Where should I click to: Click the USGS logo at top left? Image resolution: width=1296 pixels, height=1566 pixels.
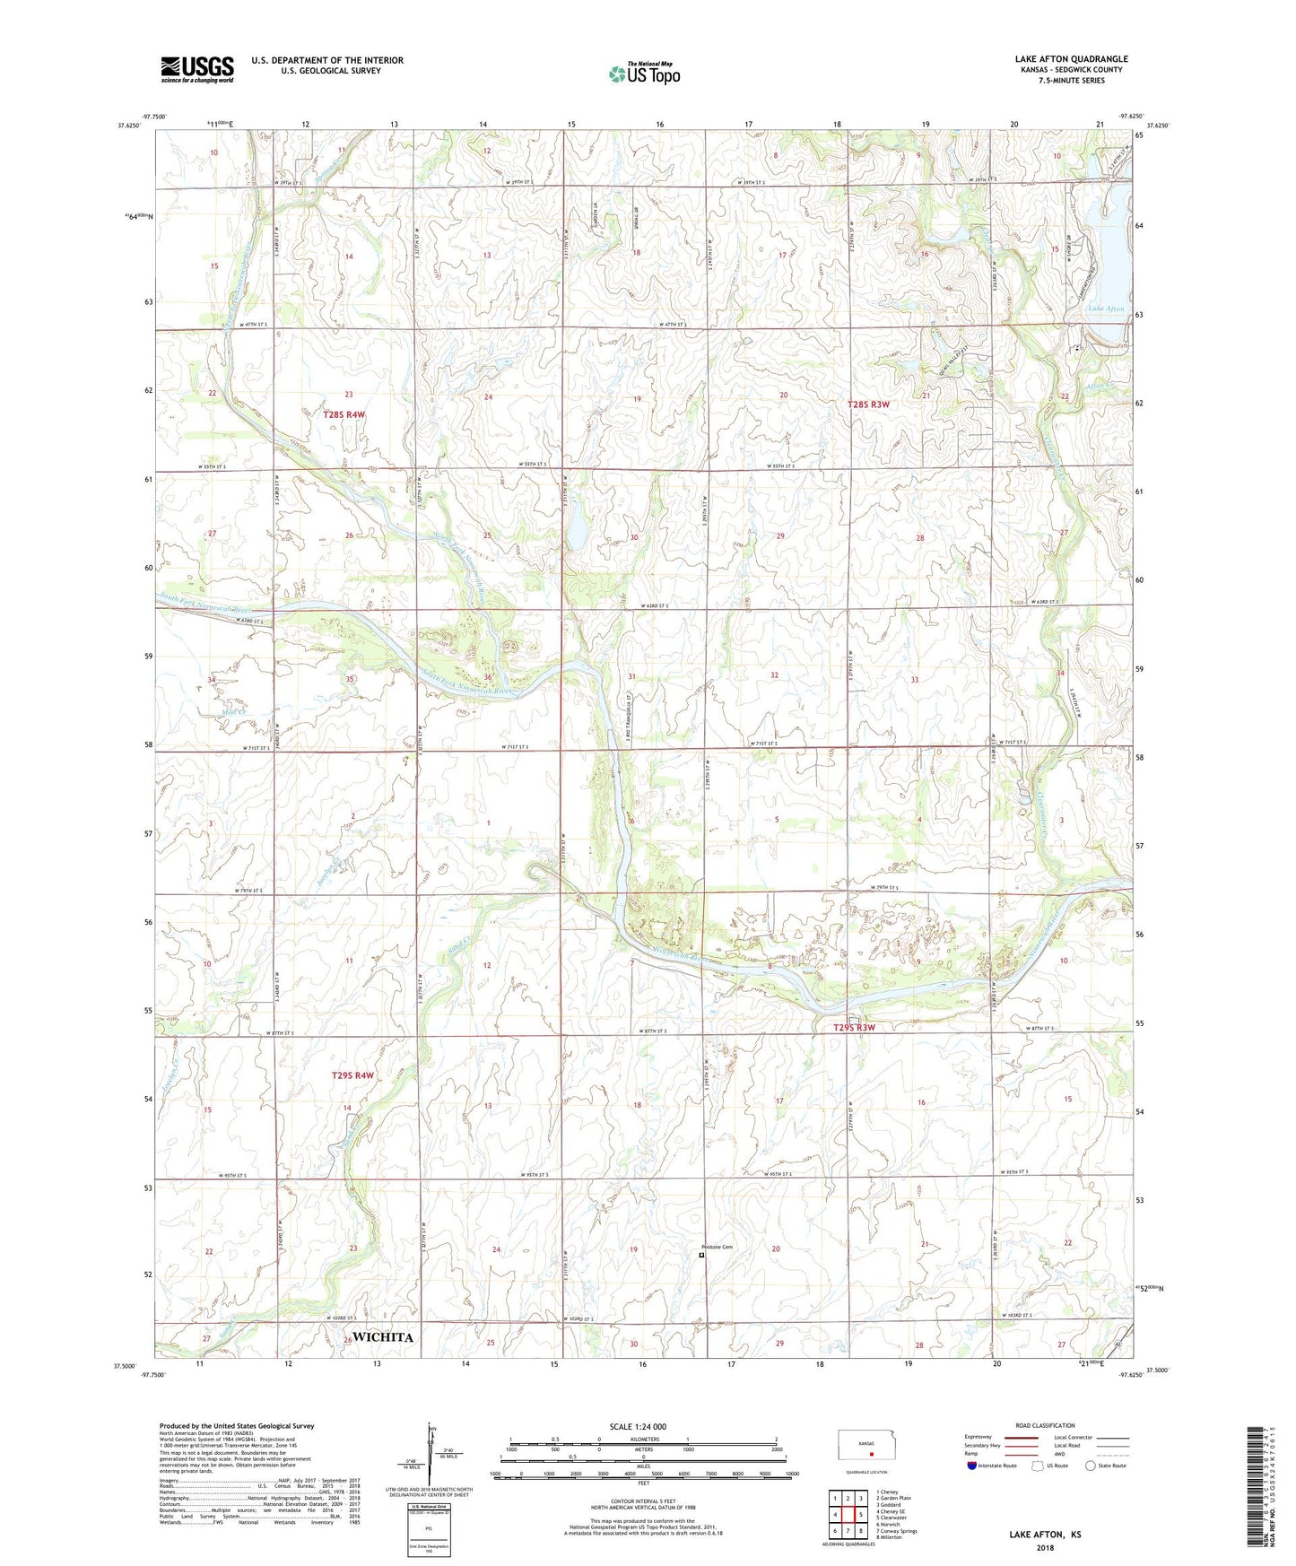click(x=196, y=69)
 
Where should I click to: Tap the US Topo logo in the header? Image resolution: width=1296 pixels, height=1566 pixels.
click(x=644, y=74)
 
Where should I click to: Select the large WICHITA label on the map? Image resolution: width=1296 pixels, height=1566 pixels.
click(x=383, y=1337)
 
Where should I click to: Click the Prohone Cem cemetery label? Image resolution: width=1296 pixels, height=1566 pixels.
click(x=718, y=1248)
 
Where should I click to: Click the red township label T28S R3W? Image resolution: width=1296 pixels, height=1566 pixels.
click(x=868, y=405)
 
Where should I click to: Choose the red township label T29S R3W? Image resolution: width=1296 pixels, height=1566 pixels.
click(x=854, y=1028)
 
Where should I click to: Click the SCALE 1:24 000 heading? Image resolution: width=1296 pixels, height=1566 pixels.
click(x=638, y=1427)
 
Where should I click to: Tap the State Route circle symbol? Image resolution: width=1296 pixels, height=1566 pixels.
click(x=1091, y=1466)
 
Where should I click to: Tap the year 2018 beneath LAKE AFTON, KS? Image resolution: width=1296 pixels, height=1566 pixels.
click(x=1045, y=1547)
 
